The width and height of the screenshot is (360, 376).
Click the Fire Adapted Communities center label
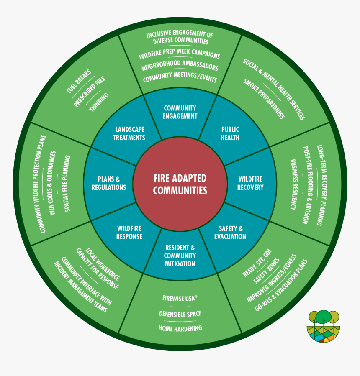(x=180, y=184)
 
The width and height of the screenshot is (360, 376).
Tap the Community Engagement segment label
(x=180, y=112)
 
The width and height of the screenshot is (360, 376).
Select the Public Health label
(x=230, y=133)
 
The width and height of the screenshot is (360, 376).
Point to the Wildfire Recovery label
(x=250, y=183)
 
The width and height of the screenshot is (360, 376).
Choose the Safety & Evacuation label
(x=230, y=233)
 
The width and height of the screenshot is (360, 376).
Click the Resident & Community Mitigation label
(x=180, y=256)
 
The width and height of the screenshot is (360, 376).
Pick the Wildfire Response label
(x=129, y=233)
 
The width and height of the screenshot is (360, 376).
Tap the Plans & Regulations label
(x=109, y=183)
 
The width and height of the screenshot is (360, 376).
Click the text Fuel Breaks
(x=78, y=81)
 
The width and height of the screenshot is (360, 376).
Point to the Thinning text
(x=99, y=102)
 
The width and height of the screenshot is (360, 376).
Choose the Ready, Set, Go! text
(x=257, y=263)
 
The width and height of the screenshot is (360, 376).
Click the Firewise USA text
(x=180, y=298)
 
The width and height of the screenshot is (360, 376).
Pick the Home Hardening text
(x=180, y=328)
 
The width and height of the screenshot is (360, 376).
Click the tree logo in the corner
(x=324, y=327)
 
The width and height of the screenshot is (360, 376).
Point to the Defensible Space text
(x=180, y=314)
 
